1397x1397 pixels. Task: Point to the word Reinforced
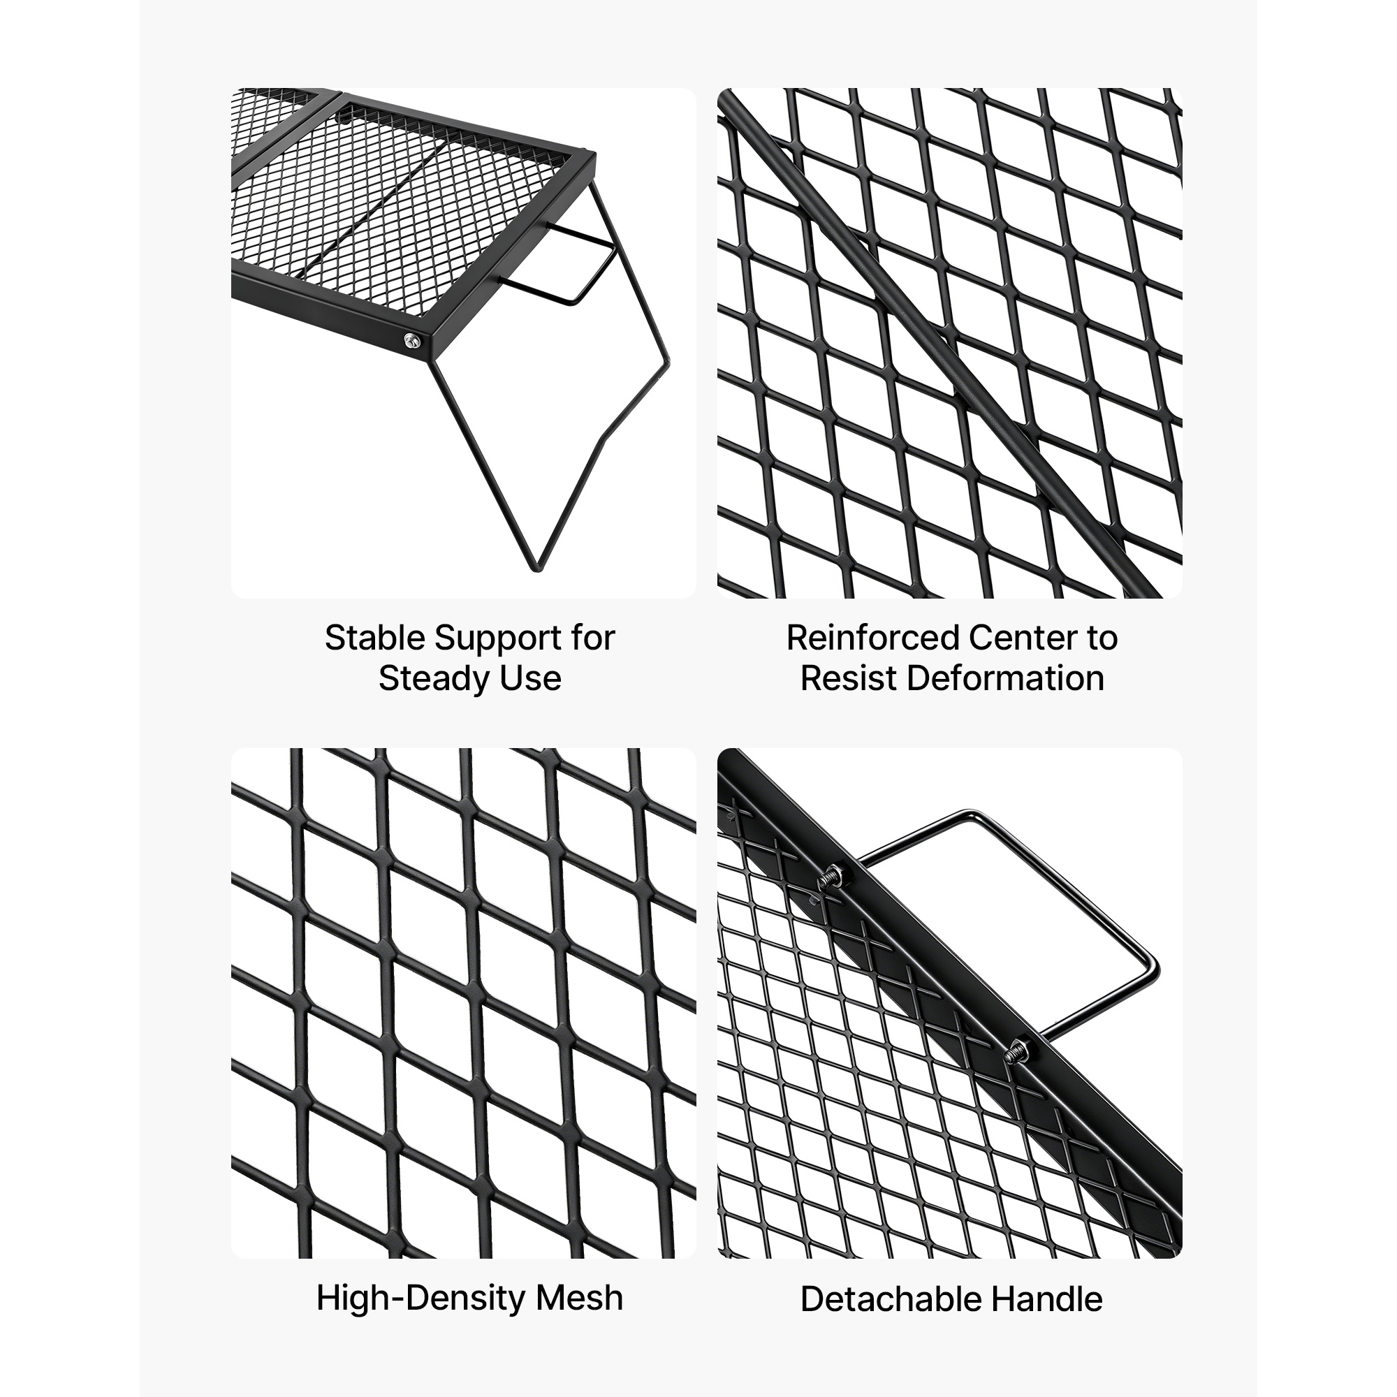pos(872,638)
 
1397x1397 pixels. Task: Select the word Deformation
pos(1005,679)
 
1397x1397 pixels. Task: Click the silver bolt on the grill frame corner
pos(413,340)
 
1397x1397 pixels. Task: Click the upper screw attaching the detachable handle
pos(831,881)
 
